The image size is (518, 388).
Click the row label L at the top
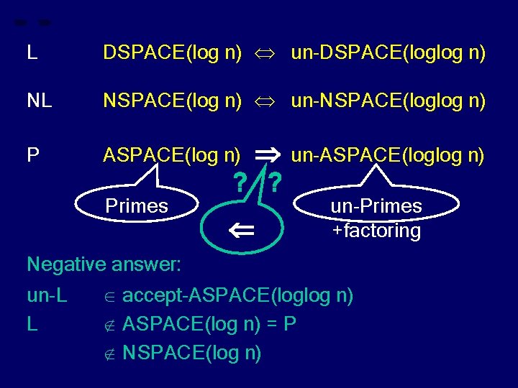[32, 52]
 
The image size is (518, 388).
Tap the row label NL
[39, 102]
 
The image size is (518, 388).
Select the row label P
[32, 154]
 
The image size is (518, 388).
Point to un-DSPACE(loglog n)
[388, 52]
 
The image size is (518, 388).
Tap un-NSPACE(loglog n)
[388, 102]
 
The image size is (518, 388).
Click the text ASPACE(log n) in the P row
[172, 154]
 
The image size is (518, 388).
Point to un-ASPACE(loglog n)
[388, 154]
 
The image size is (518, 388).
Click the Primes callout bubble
[137, 206]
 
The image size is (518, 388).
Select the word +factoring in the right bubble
[376, 231]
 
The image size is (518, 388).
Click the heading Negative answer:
[104, 264]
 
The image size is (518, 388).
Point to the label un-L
[47, 296]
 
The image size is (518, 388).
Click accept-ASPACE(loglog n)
[237, 296]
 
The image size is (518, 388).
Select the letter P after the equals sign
[289, 325]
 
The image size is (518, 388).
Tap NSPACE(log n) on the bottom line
[192, 353]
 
